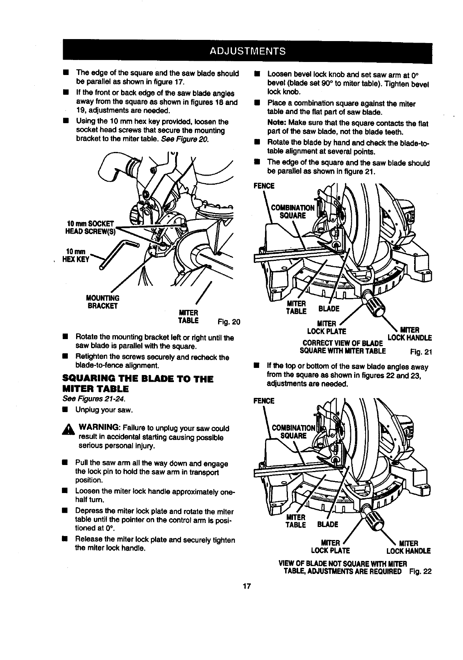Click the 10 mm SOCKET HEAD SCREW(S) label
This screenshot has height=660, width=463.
(87, 227)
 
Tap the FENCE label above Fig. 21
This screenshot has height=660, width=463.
(264, 186)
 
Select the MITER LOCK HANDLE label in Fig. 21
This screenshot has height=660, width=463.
(410, 334)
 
